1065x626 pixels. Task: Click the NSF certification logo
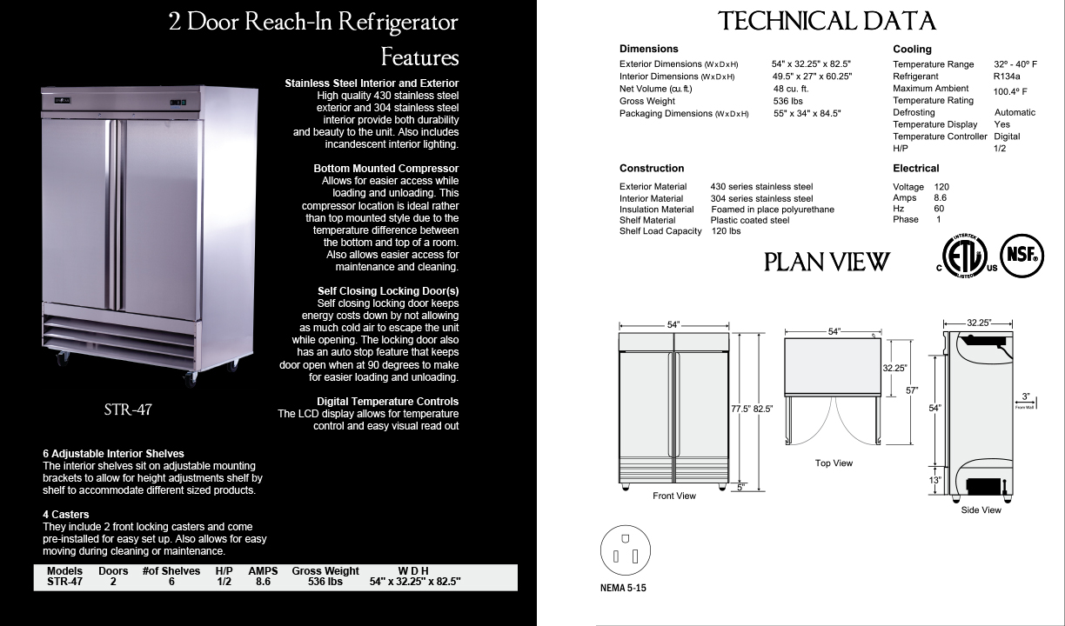[x=1021, y=256]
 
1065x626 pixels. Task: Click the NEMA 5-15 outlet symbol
[x=625, y=551]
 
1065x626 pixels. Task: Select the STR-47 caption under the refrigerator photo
[x=128, y=410]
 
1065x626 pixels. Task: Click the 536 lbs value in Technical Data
[x=787, y=101]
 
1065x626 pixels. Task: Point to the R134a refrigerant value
[x=1007, y=77]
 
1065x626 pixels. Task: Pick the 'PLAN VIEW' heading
[x=827, y=262]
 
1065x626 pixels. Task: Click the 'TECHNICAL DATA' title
[x=826, y=22]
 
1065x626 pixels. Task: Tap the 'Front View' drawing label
[x=674, y=496]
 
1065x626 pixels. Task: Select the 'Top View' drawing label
[x=834, y=463]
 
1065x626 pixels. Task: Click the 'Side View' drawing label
[x=981, y=510]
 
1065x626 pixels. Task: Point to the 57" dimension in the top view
[x=912, y=391]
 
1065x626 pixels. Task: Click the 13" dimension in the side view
[x=934, y=479]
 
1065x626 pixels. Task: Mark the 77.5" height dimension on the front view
[x=740, y=409]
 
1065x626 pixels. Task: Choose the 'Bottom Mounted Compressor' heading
[x=385, y=168]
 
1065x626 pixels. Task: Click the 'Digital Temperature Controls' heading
[x=387, y=401]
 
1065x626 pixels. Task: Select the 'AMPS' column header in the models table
[x=263, y=571]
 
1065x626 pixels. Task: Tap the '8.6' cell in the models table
[x=263, y=582]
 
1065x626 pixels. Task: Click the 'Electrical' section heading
[x=915, y=168]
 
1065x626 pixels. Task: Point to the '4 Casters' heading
[x=65, y=514]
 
